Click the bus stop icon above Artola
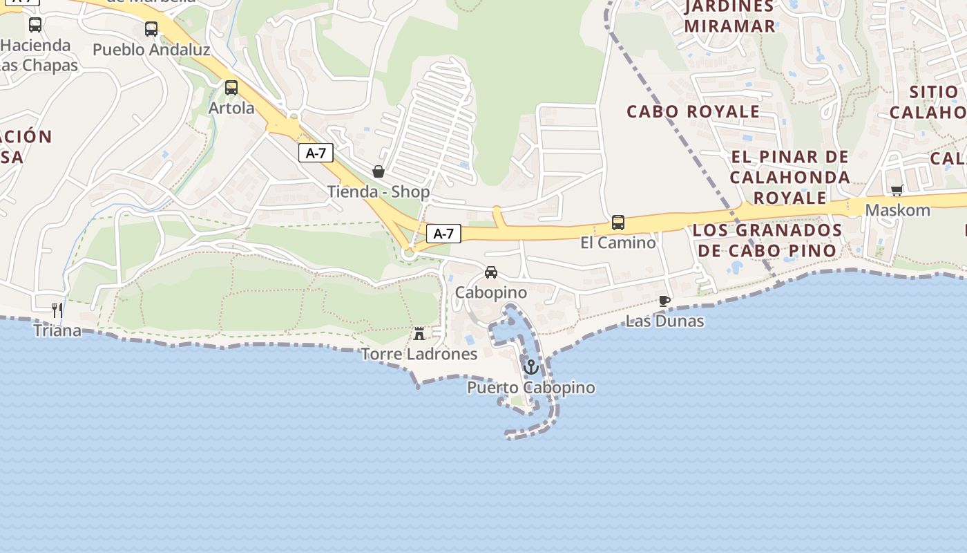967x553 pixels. coord(231,88)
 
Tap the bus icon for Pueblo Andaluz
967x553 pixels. coord(151,29)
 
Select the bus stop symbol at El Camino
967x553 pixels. coord(618,223)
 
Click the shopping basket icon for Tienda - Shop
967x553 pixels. coord(379,171)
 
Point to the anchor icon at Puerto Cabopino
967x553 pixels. coord(530,367)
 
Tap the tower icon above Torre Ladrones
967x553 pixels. coord(419,334)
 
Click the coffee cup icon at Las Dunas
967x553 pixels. coord(664,301)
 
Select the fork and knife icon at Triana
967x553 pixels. coord(57,310)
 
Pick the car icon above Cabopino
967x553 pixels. coord(491,272)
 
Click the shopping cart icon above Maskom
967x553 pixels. coord(897,190)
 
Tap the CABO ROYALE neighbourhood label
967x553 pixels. coord(693,111)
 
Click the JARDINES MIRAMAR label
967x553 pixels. coord(729,17)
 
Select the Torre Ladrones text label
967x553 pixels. coord(419,355)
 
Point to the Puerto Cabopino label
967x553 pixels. coord(530,388)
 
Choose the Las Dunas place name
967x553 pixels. coord(664,321)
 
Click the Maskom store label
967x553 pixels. coord(897,210)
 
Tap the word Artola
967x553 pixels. coord(231,109)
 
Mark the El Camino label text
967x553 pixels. coord(618,243)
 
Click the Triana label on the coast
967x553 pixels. coord(57,330)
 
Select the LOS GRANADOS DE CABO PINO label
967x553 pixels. coord(767,240)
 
